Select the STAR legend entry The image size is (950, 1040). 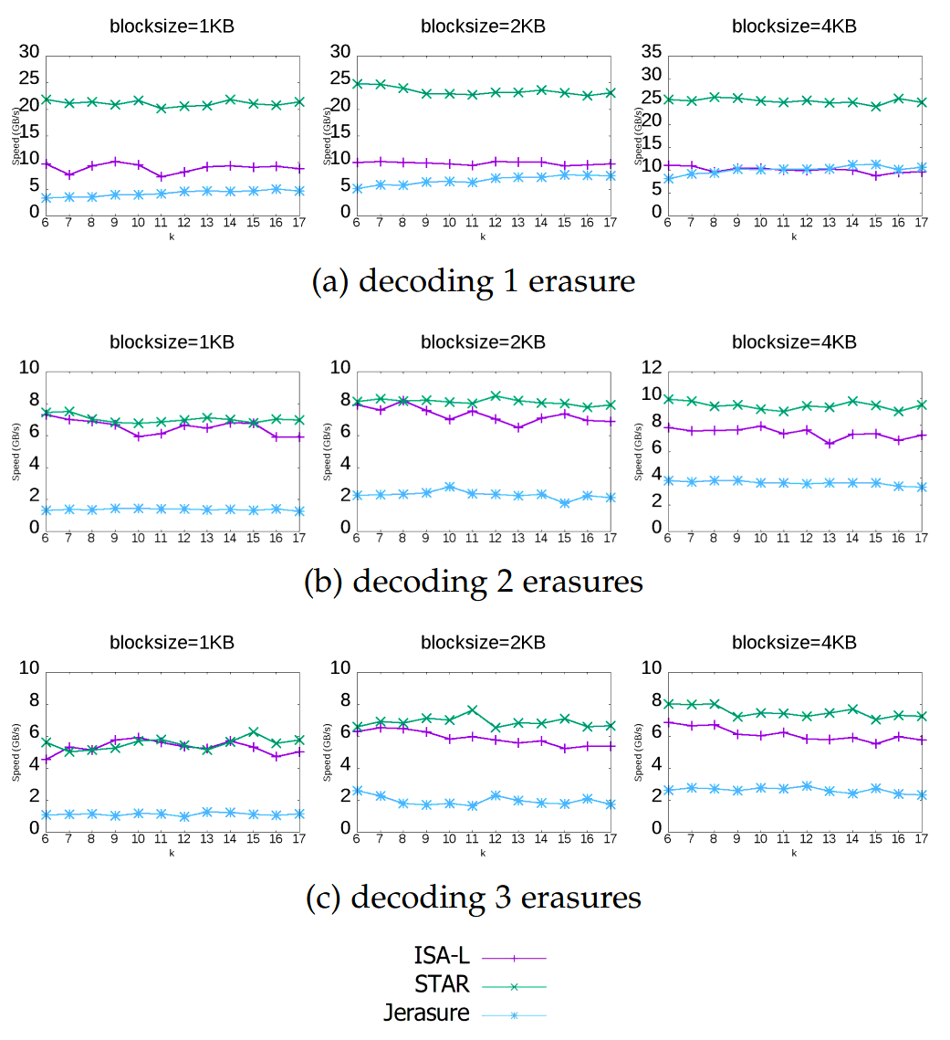(x=442, y=985)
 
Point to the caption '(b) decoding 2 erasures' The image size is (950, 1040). (x=474, y=582)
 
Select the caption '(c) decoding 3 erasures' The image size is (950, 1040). (x=474, y=898)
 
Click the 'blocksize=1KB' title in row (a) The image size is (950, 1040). (x=172, y=26)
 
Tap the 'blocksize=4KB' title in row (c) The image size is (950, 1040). (x=794, y=642)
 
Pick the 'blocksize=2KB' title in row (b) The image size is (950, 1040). (x=483, y=342)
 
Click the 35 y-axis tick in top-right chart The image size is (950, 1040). (x=648, y=52)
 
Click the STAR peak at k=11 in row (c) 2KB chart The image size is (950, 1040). (x=472, y=709)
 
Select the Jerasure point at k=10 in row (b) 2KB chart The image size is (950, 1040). (x=449, y=487)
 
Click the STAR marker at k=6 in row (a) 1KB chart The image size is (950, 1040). (x=45, y=100)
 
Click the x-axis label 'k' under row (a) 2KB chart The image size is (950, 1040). (x=483, y=237)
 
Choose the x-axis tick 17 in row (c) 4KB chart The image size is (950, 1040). (x=921, y=839)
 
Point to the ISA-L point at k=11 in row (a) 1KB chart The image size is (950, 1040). (x=161, y=177)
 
